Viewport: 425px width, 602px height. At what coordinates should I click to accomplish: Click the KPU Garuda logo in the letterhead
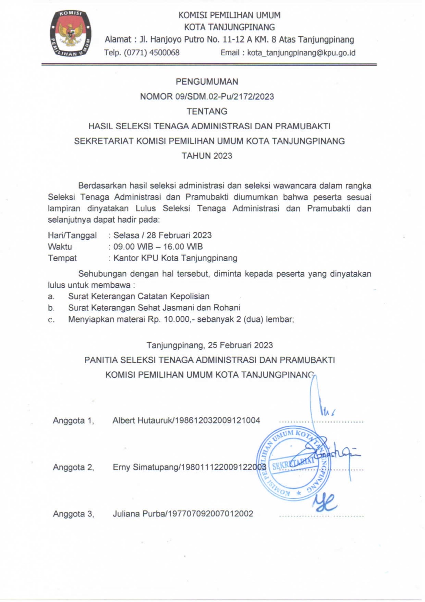[x=71, y=34]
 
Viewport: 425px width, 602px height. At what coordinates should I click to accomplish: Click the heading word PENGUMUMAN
[x=207, y=82]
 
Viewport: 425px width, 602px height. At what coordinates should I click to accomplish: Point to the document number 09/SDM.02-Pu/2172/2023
[x=224, y=96]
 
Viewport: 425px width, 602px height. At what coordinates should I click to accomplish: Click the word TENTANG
[x=207, y=111]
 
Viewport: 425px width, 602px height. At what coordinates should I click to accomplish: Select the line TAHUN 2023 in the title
[x=207, y=156]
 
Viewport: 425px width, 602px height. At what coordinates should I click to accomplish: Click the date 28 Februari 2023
[x=179, y=235]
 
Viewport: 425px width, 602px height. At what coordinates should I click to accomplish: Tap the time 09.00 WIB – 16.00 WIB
[x=158, y=247]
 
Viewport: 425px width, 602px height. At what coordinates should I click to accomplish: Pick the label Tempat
[x=62, y=258]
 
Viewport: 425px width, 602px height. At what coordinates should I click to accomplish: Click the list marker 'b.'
[x=51, y=308]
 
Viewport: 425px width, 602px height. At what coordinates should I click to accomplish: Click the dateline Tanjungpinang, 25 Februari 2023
[x=209, y=345]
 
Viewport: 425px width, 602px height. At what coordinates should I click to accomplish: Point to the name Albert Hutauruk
[x=142, y=421]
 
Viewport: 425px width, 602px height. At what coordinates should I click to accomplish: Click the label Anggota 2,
[x=73, y=467]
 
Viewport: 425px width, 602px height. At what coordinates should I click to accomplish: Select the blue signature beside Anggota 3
[x=324, y=503]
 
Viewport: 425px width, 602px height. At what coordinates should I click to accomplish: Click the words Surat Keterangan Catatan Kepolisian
[x=138, y=296]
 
